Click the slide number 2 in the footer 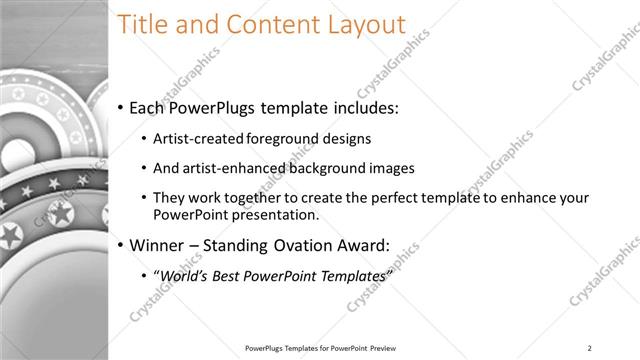590,348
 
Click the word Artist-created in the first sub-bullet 193,139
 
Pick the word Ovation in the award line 288,243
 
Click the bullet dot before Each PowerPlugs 120,107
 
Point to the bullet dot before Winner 120,243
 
